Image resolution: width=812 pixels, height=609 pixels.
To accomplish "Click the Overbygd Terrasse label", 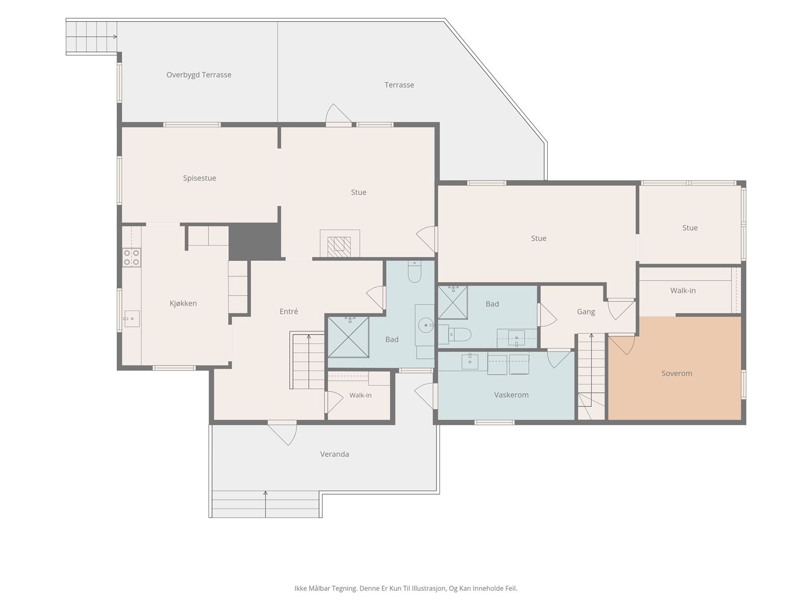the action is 198,75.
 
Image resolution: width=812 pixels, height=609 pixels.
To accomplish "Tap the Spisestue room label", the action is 199,178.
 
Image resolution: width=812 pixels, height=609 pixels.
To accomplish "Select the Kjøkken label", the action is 183,303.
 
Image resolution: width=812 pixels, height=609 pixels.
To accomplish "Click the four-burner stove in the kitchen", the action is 131,258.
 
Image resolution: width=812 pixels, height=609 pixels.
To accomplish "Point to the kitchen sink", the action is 131,319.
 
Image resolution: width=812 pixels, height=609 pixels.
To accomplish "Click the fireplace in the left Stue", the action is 340,243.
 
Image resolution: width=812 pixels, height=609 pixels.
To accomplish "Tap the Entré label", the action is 289,311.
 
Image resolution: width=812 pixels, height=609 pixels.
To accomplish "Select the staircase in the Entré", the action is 307,360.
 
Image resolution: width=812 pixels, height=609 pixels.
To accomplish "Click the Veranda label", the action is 334,454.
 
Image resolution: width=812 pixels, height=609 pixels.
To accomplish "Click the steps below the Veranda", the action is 265,504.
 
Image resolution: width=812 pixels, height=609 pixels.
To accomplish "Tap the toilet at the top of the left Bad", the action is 414,272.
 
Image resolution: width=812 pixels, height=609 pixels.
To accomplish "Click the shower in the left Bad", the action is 349,337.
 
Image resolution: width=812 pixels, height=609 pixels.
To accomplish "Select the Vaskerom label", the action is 511,395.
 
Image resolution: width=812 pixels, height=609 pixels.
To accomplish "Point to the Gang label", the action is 586,312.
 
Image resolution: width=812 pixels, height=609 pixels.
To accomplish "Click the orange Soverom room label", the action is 676,374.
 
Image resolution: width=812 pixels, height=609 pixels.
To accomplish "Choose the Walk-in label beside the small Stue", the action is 683,291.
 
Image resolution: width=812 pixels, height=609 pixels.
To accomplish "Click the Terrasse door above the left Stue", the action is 338,115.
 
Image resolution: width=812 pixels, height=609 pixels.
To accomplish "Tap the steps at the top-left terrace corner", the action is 92,37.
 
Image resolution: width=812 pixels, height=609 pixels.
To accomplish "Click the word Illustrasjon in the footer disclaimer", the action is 428,588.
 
